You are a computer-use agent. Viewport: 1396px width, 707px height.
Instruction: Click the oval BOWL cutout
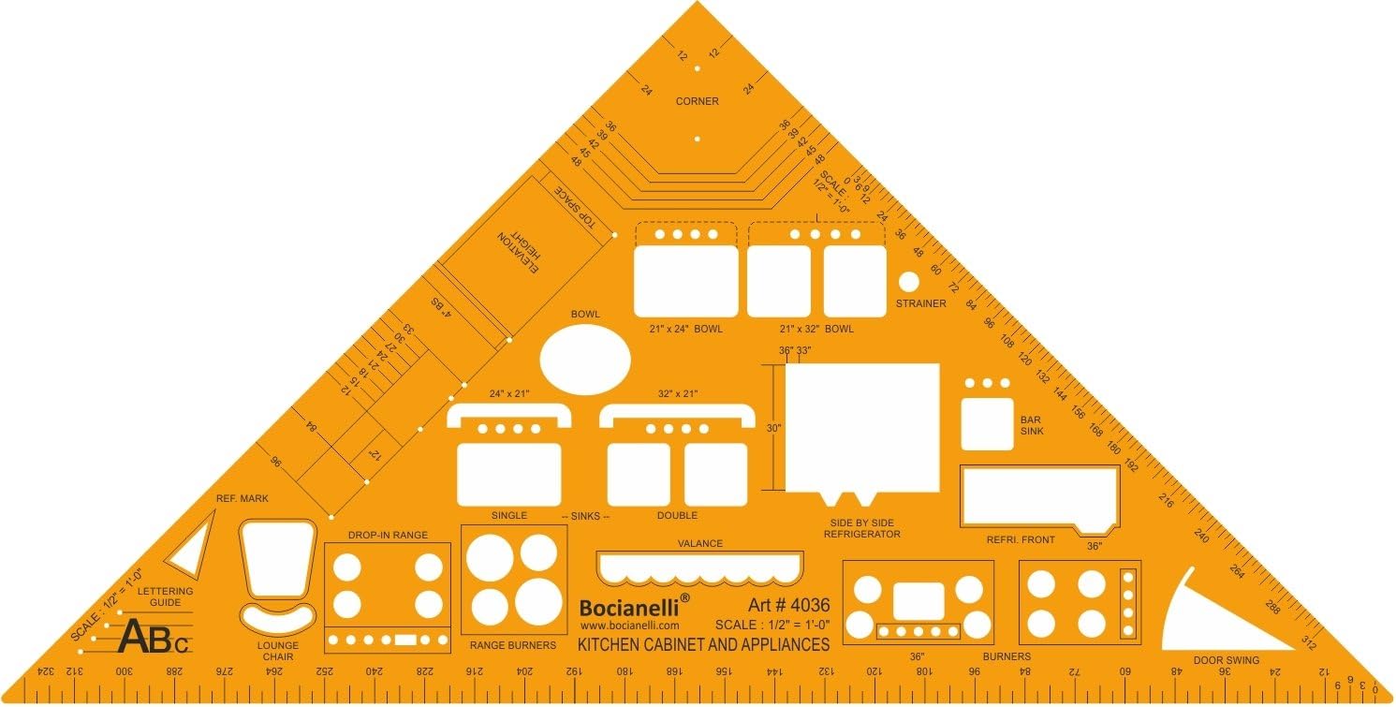coord(586,360)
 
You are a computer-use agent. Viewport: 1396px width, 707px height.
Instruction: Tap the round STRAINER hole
coord(908,281)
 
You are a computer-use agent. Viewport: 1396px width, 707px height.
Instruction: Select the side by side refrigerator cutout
coord(861,427)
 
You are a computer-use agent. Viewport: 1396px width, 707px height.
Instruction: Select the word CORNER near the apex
coord(698,101)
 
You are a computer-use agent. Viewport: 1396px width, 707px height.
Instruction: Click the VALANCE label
coord(700,543)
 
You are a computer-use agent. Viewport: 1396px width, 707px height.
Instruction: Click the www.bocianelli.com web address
coord(629,625)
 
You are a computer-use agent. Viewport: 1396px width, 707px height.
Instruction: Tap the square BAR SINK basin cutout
coord(987,423)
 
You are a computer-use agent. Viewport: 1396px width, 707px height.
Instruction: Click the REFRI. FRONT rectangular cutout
coord(1039,494)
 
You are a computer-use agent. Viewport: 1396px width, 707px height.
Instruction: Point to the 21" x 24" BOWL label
coord(686,329)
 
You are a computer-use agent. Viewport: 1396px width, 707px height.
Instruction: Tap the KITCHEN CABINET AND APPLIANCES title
coord(703,644)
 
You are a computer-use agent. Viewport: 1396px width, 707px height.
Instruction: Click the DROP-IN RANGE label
coord(388,535)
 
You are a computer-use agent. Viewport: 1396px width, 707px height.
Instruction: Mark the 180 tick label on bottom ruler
coord(621,671)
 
